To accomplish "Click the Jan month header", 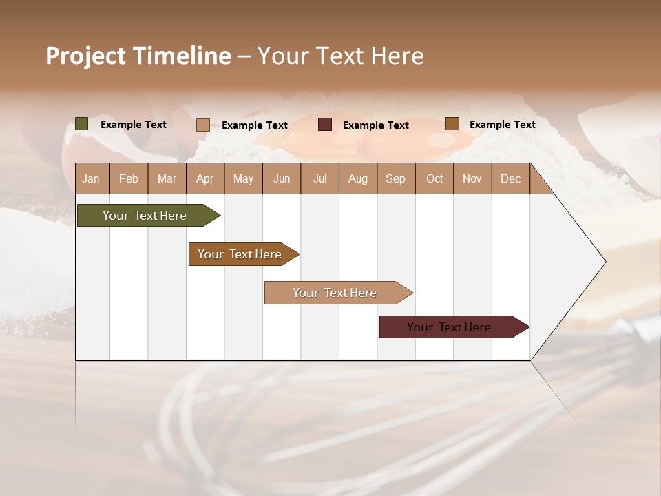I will (92, 179).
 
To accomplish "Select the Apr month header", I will (205, 179).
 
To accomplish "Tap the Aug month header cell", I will (358, 179).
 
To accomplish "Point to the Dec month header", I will (510, 179).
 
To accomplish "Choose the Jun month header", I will (282, 179).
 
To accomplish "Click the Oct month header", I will (434, 179).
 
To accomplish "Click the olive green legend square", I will (82, 124).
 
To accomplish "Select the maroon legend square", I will (325, 125).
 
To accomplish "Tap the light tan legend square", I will (203, 125).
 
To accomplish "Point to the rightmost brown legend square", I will (452, 124).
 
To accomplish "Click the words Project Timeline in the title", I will (138, 56).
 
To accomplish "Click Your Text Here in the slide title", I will (341, 56).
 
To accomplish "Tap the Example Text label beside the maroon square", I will (376, 125).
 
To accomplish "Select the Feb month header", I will (129, 179).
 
